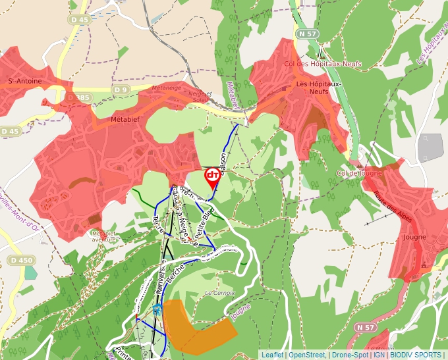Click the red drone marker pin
coord(213,177)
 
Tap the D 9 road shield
coord(120,90)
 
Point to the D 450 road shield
coord(20,260)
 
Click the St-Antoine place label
coord(24,81)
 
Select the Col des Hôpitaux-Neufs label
coord(314,64)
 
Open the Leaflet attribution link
coord(273,355)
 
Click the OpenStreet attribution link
coord(308,355)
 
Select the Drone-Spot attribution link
coord(350,355)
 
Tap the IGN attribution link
coord(379,355)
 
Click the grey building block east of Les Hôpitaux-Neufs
coord(432,147)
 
